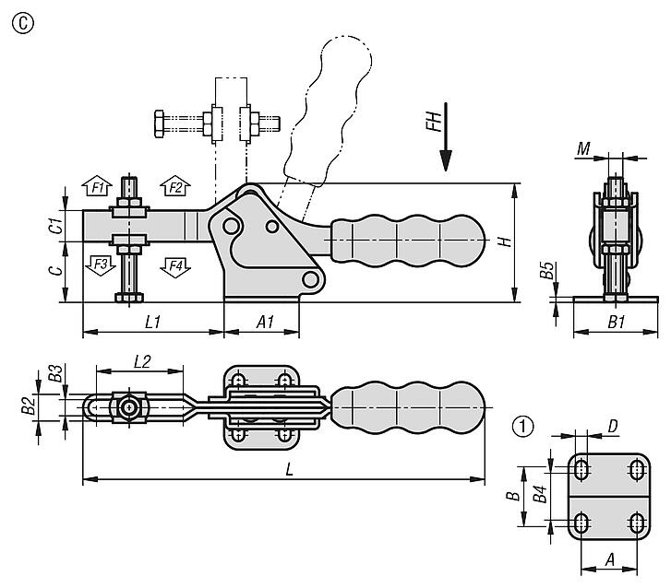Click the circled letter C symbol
23,24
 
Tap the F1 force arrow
97,185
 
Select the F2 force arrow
175,185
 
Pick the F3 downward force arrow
100,265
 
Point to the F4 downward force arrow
175,268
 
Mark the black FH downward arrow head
447,160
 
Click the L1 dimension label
153,322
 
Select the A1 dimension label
265,322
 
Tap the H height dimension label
506,241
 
